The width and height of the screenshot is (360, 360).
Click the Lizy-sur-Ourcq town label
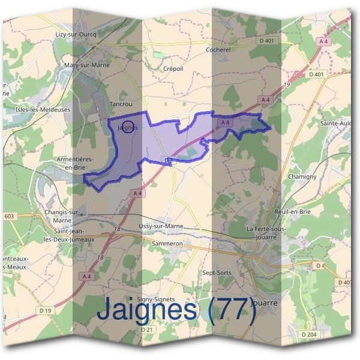tap(76, 35)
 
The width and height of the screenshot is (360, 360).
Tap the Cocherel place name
tap(218, 50)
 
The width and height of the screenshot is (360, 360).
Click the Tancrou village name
tap(120, 104)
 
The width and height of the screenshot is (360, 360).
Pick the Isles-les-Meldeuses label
tap(43, 110)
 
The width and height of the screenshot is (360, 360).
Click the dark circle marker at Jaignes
tap(128, 127)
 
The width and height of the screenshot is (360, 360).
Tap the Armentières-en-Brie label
tap(74, 163)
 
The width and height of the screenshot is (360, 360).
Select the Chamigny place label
tap(302, 178)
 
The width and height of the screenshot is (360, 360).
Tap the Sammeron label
tap(167, 244)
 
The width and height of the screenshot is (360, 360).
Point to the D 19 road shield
tap(46, 310)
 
